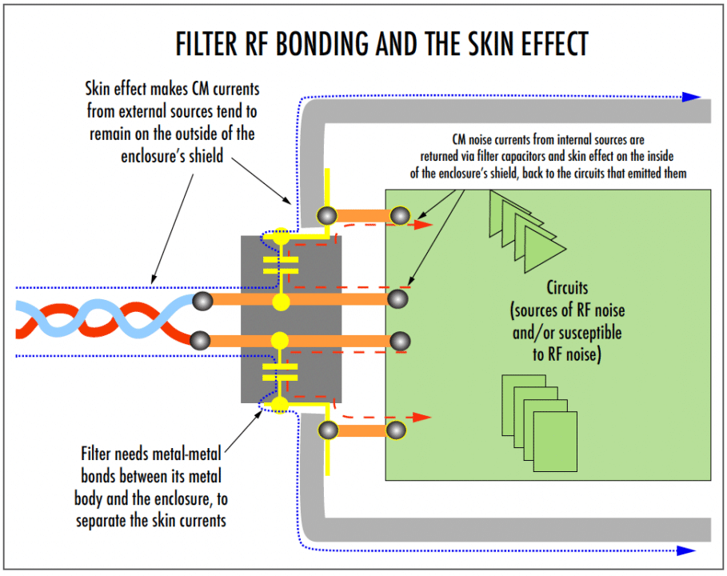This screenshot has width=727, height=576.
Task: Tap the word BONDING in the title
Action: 329,44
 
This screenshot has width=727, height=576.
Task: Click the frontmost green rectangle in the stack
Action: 554,441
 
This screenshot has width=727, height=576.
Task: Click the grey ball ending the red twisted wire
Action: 201,340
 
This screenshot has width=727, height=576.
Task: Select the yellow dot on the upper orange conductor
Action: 280,302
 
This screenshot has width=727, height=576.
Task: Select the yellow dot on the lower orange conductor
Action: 280,340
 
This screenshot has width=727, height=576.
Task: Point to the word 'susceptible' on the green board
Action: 583,331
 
